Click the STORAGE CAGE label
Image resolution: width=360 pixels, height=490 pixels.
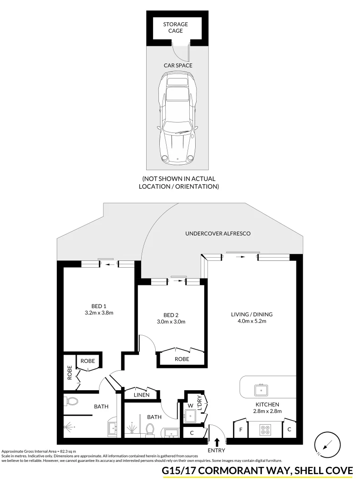click(x=175, y=27)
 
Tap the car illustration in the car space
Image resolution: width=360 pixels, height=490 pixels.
click(x=177, y=120)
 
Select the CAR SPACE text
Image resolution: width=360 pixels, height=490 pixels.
click(x=178, y=65)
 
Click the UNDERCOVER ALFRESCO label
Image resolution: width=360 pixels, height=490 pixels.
click(x=218, y=234)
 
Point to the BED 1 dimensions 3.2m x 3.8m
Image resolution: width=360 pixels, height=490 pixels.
click(x=99, y=313)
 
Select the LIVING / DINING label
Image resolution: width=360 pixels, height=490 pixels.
click(x=252, y=314)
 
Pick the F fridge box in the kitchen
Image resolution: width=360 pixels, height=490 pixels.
click(x=240, y=429)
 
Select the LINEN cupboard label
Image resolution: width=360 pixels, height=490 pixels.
click(x=142, y=395)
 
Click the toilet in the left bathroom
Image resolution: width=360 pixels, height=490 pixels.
click(x=70, y=401)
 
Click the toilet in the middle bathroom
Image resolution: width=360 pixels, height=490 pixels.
click(x=148, y=429)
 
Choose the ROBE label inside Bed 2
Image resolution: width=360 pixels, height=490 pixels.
click(x=182, y=359)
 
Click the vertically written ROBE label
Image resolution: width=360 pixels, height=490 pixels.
click(x=70, y=372)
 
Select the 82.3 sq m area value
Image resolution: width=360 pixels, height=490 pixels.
click(x=67, y=451)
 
